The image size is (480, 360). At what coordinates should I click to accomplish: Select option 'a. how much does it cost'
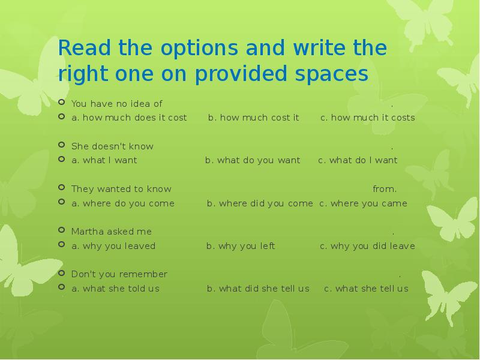[x=129, y=118]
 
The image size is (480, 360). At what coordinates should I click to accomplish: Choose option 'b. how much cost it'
[x=253, y=118]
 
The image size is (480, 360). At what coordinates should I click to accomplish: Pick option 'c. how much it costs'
[x=367, y=118]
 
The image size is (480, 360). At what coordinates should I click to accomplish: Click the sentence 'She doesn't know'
[x=112, y=146]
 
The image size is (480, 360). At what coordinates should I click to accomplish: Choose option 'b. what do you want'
[x=253, y=160]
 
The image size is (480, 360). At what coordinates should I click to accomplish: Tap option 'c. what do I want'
[x=358, y=160]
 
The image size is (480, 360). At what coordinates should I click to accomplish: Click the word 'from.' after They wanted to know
[x=385, y=189]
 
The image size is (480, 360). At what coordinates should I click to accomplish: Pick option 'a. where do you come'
[x=123, y=203]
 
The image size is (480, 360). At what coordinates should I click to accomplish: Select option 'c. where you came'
[x=363, y=203]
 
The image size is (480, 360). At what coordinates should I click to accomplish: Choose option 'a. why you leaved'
[x=113, y=246]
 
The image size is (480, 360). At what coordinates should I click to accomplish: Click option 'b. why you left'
[x=241, y=246]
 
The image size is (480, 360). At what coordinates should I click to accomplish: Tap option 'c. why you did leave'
[x=367, y=246]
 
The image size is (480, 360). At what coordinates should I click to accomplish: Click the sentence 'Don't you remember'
[x=119, y=274]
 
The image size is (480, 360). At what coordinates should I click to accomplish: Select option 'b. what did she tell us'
[x=258, y=289]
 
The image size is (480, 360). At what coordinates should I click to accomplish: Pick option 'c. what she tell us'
[x=366, y=289]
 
